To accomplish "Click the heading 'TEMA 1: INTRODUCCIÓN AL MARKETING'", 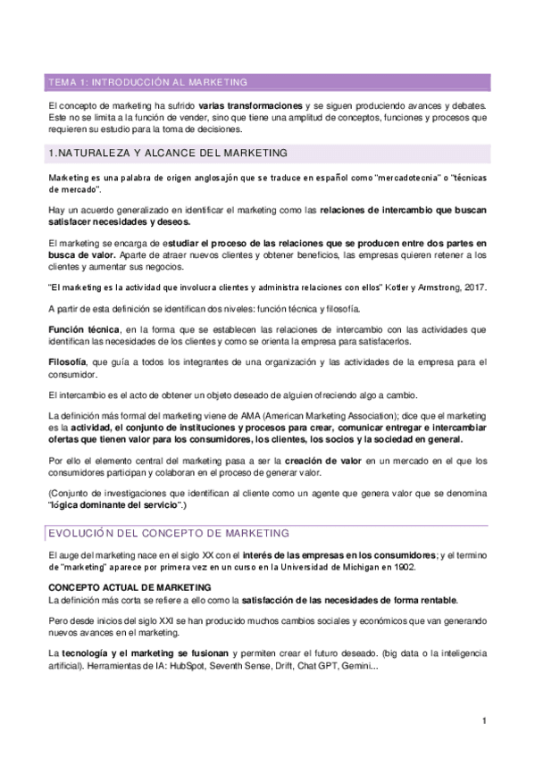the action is pos(148,82).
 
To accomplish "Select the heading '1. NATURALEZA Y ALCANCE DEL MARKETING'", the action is pos(167,154).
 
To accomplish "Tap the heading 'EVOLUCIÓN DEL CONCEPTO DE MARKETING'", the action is pos(168,533).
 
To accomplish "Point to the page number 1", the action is pos(483,721).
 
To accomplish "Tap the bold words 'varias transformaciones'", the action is pos(251,106).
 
